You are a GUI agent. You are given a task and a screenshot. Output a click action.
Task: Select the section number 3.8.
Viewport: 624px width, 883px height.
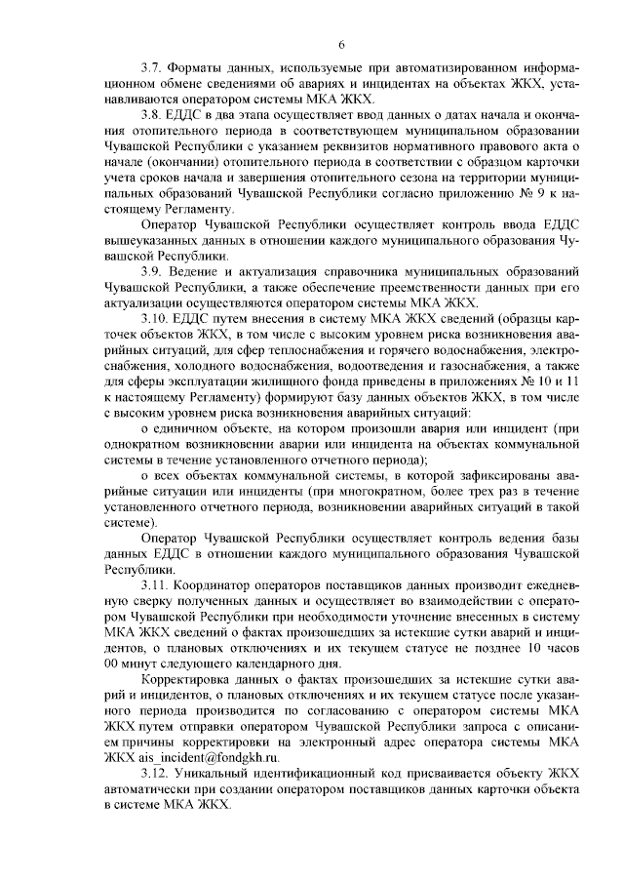click(153, 116)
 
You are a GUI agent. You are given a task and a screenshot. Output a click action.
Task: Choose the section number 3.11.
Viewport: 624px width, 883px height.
click(156, 583)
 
